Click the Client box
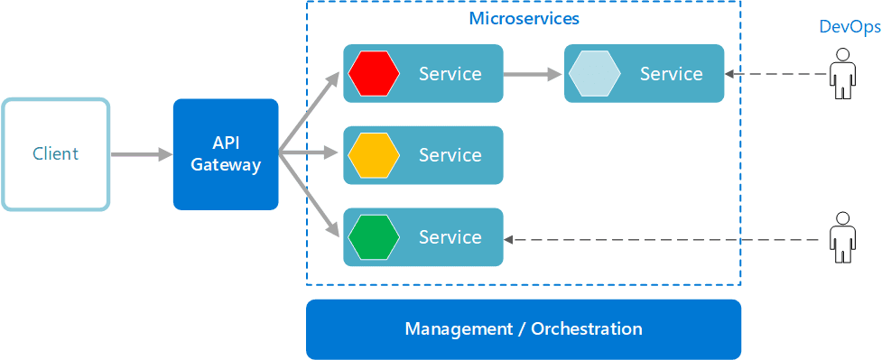click(x=55, y=154)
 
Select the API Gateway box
click(x=226, y=154)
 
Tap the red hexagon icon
click(x=374, y=73)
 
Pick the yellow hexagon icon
click(x=374, y=155)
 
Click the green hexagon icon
click(x=374, y=237)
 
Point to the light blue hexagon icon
click(x=594, y=73)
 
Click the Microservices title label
click(x=524, y=18)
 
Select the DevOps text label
click(x=849, y=27)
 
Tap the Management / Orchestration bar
click(x=524, y=329)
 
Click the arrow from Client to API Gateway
click(x=141, y=155)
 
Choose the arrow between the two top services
click(x=533, y=74)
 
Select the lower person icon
click(x=842, y=238)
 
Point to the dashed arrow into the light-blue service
click(x=776, y=74)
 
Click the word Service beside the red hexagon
click(x=450, y=74)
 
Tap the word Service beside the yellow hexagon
click(x=450, y=155)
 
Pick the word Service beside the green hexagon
click(x=450, y=237)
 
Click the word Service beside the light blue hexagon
click(x=671, y=74)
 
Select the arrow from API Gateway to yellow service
click(x=311, y=154)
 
